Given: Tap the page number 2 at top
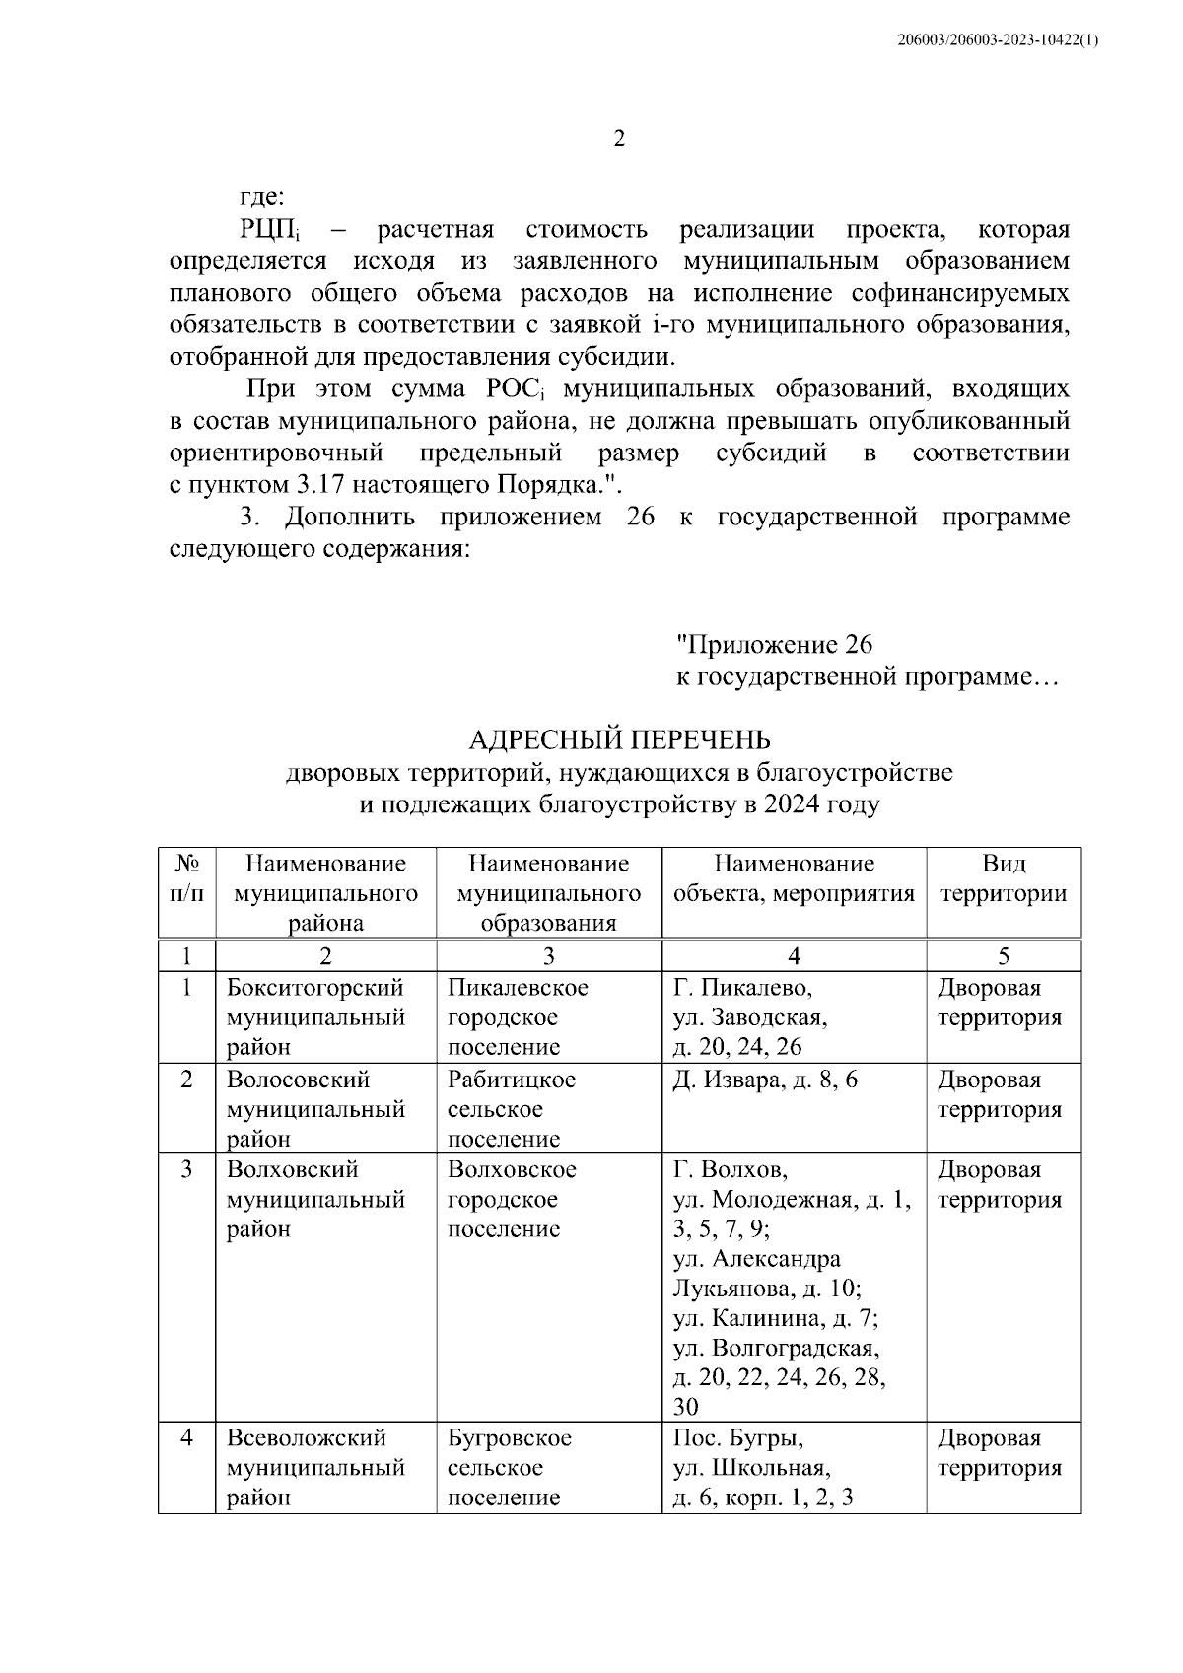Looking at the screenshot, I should coord(619,139).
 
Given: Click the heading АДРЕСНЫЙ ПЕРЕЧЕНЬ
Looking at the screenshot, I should coord(619,740).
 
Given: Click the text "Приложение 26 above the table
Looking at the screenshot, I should coord(774,645).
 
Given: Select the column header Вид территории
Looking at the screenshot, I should coord(1003,879).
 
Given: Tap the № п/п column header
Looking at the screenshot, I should coord(187,879).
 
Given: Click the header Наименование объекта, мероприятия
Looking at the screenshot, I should coord(794,879).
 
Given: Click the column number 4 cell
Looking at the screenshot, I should coord(794,955).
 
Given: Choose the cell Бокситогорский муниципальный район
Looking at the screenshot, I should coord(315,1017).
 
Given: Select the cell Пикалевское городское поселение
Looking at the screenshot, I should coord(518,1017).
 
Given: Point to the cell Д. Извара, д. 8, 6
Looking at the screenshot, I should coord(765,1080).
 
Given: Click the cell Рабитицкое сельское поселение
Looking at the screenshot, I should coord(512,1109).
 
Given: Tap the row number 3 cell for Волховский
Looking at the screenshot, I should coord(187,1170).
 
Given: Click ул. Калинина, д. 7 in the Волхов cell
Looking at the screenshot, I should coord(775,1319).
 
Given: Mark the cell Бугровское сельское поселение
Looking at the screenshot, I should coord(510,1468).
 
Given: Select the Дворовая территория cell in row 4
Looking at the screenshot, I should coord(1000,1453).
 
